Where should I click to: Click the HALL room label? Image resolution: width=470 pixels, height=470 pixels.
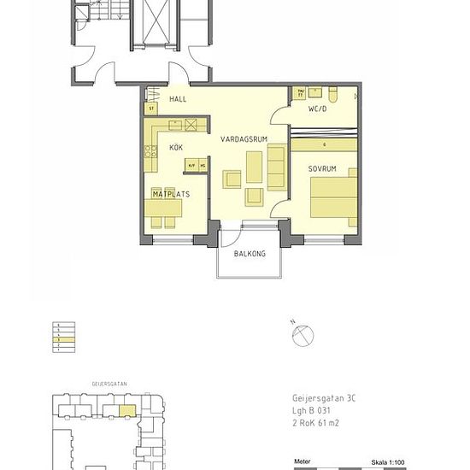pyautogui.click(x=178, y=99)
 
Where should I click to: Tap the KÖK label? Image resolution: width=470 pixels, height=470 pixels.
pyautogui.click(x=176, y=148)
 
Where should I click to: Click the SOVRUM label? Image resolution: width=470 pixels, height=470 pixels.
pyautogui.click(x=323, y=169)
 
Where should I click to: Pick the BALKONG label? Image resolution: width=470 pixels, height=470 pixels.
pyautogui.click(x=250, y=254)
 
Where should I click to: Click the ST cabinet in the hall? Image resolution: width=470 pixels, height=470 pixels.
pyautogui.click(x=151, y=109)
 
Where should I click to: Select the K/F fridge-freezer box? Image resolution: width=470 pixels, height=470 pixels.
pyautogui.click(x=192, y=165)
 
